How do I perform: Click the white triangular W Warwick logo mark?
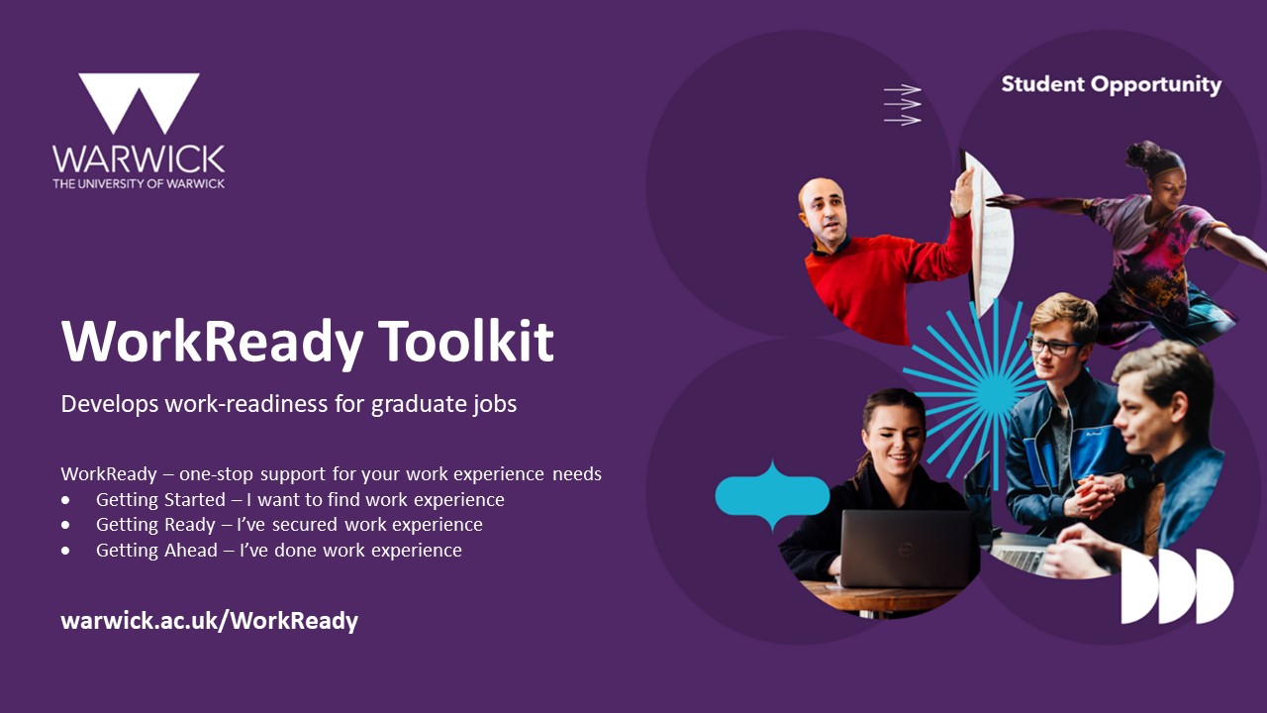140,103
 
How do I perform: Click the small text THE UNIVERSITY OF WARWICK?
139,183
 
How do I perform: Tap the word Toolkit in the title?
465,341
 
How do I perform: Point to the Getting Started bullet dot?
66,500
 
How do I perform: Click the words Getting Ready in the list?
155,525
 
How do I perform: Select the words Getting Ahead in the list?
156,550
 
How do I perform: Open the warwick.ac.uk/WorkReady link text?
209,621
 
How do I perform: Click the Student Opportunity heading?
1112,85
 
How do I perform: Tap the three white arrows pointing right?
903,105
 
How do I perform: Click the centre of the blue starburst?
996,390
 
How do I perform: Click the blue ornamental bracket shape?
773,496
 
